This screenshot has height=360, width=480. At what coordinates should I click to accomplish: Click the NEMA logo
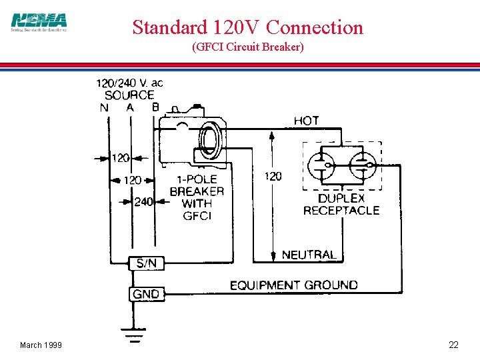[x=39, y=22]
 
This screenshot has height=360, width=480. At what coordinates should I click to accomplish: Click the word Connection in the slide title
[x=315, y=27]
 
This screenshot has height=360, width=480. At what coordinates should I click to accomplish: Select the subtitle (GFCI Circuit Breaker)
[x=247, y=47]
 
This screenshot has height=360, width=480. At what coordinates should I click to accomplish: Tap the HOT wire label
[x=307, y=121]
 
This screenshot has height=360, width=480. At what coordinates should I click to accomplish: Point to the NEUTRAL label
[x=309, y=255]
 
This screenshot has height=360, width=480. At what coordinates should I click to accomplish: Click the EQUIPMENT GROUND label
[x=293, y=285]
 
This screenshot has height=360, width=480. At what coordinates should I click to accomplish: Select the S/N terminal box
[x=146, y=263]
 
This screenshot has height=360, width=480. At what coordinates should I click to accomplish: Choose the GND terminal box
[x=146, y=293]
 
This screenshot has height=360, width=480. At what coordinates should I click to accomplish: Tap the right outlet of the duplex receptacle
[x=362, y=166]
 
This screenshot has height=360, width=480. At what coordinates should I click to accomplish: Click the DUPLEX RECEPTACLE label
[x=341, y=205]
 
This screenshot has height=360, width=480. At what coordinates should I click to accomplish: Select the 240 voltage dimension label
[x=144, y=202]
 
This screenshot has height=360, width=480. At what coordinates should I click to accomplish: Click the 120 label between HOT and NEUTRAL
[x=273, y=177]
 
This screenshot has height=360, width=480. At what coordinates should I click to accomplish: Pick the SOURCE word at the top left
[x=129, y=95]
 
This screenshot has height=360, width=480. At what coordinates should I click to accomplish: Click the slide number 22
[x=453, y=345]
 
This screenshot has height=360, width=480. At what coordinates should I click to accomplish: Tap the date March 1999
[x=41, y=345]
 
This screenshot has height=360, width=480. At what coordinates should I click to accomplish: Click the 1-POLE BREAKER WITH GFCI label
[x=197, y=198]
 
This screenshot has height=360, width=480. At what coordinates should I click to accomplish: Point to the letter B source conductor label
[x=155, y=107]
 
